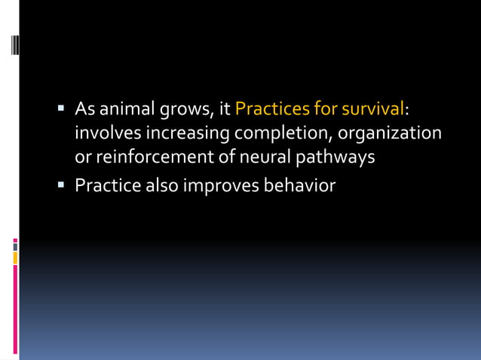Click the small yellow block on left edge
click(15, 258)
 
